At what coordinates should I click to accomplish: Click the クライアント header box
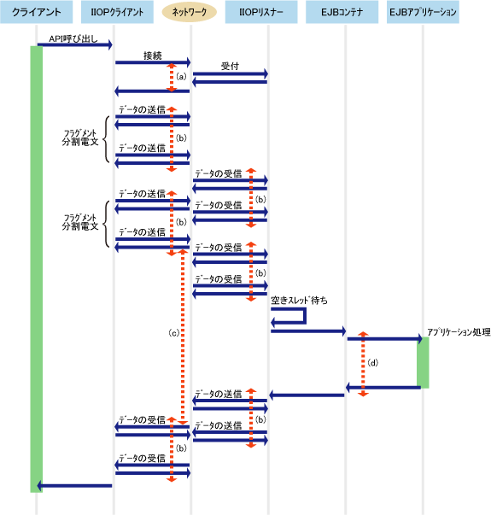36,12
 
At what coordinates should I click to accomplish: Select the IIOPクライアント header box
117,12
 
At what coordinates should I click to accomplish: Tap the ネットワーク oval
190,12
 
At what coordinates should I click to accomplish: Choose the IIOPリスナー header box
261,12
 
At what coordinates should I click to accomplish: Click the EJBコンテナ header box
342,12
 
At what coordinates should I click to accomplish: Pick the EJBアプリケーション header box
423,12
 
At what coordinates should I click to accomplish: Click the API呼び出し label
73,38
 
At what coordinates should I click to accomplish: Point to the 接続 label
153,56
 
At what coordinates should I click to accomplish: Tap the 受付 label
230,66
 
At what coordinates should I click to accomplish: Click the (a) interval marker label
181,77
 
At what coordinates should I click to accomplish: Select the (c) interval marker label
173,333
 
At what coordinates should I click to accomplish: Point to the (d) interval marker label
373,363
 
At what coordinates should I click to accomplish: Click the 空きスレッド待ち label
299,300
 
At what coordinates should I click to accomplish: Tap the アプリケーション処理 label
459,332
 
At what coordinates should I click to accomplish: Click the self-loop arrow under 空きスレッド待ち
305,316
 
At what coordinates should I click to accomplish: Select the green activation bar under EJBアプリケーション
423,363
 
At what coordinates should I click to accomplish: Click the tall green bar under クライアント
36,269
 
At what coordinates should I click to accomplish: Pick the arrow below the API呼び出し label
75,44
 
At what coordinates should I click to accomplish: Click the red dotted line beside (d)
363,364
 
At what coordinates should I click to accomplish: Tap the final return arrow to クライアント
74,485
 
